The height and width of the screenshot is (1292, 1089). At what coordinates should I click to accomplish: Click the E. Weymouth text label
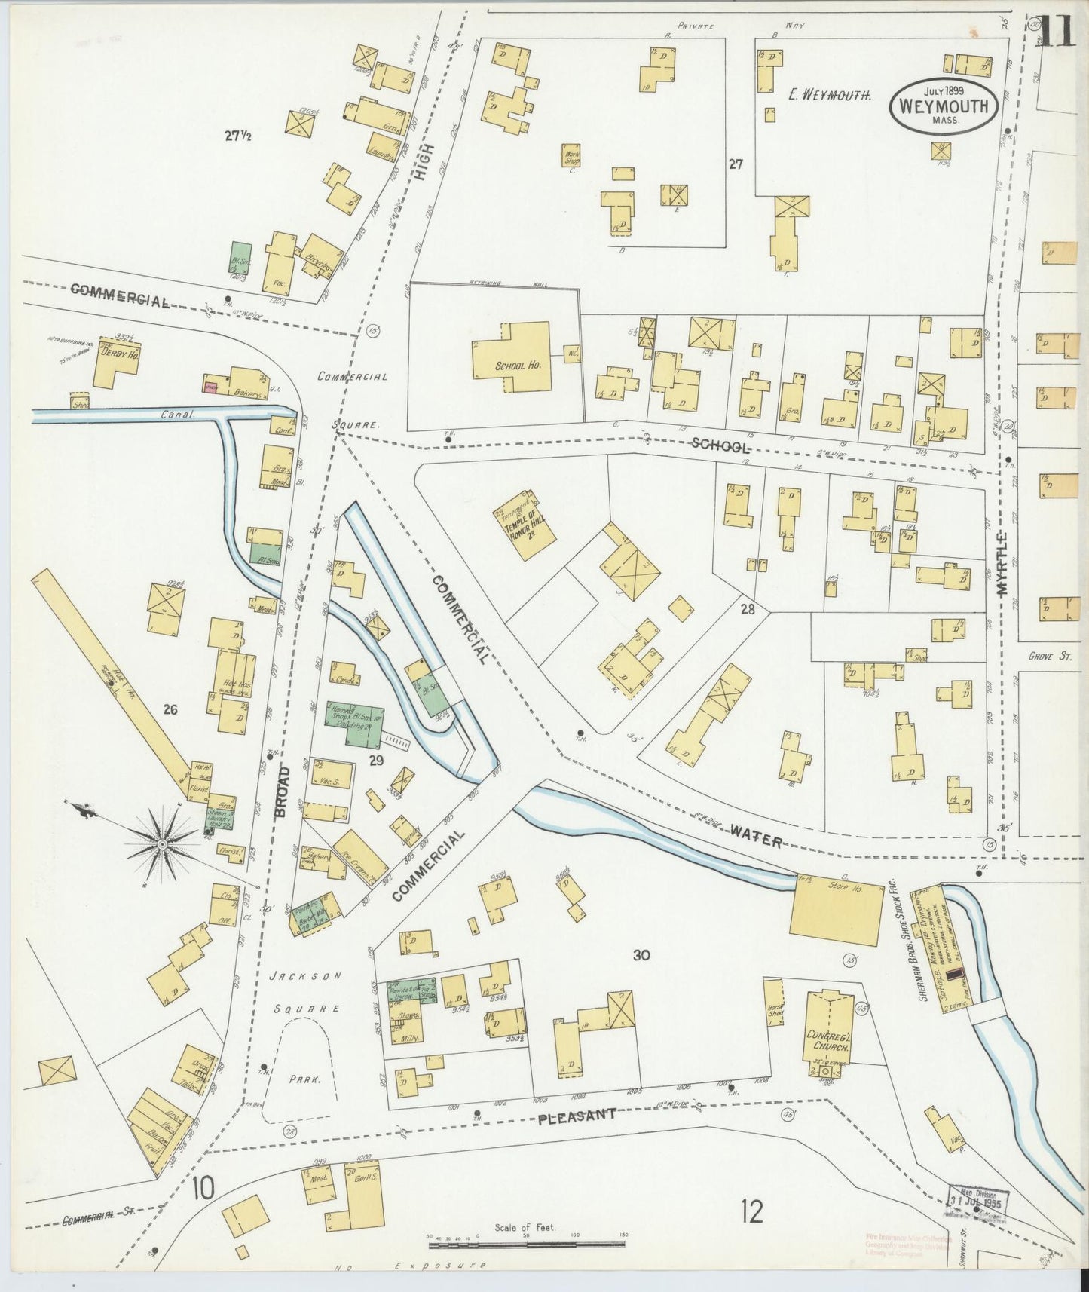829,95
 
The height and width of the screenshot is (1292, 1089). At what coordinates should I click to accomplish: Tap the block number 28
747,609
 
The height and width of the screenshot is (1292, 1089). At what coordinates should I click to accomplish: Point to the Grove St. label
1049,657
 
